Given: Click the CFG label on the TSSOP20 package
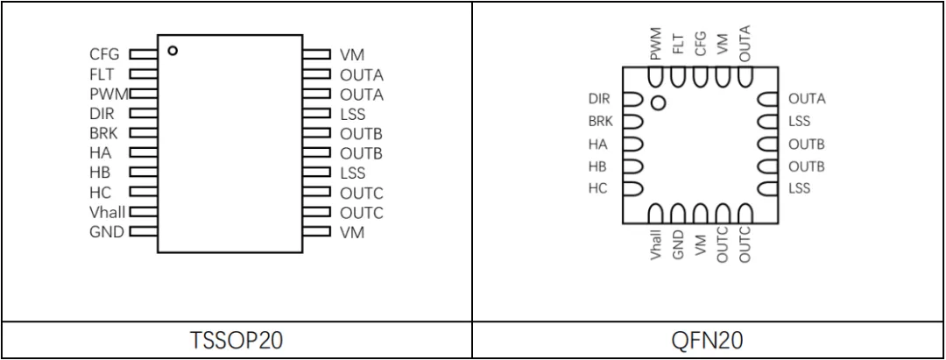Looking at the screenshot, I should click(x=103, y=54).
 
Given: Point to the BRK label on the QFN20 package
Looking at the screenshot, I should click(x=600, y=122).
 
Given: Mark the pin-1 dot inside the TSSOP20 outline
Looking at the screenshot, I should click(x=173, y=50).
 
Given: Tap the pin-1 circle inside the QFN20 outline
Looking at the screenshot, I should click(x=659, y=103).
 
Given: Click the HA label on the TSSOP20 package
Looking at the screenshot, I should click(x=101, y=152).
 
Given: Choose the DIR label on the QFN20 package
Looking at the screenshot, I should click(x=599, y=99).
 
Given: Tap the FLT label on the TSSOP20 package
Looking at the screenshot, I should click(x=102, y=74).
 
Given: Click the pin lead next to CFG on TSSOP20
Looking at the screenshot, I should click(x=143, y=54).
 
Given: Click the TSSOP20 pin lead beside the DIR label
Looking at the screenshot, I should click(x=143, y=113).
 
